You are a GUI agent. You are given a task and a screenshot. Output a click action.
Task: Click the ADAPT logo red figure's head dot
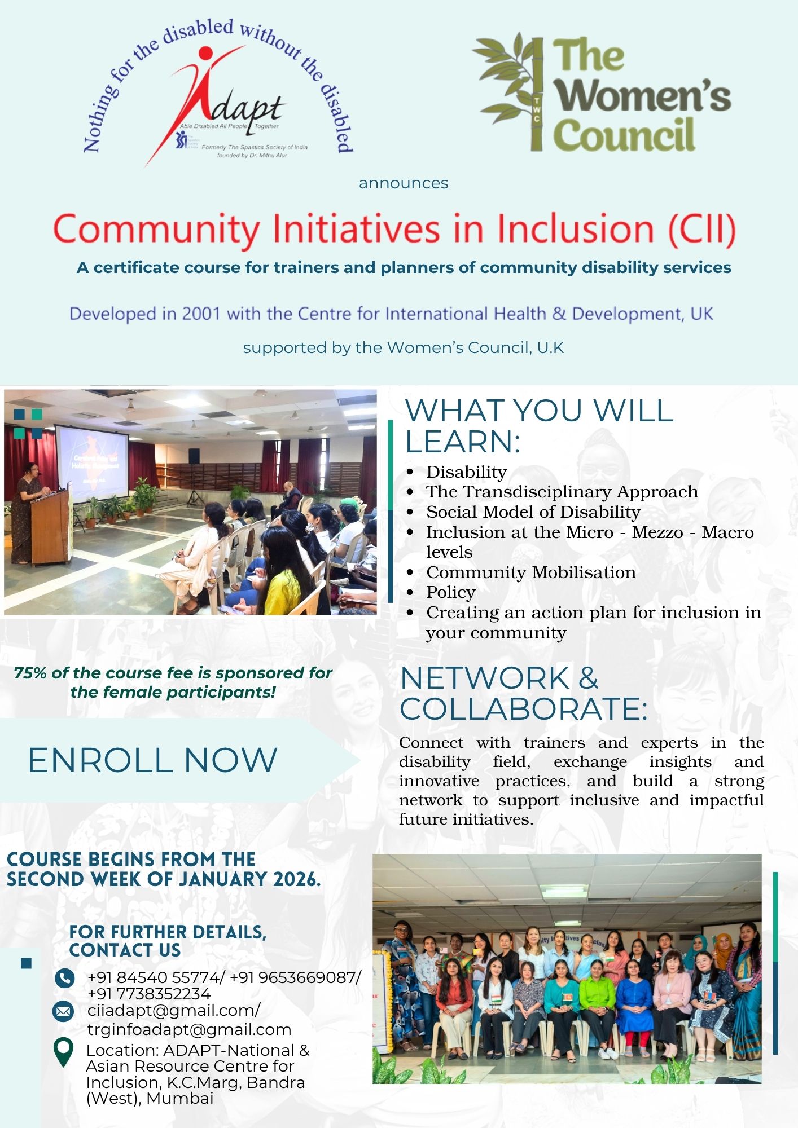click(206, 53)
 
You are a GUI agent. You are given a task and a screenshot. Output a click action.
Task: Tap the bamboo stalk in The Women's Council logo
click(537, 93)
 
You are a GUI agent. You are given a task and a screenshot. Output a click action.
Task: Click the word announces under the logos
click(404, 183)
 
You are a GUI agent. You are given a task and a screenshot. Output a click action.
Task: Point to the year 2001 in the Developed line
click(201, 314)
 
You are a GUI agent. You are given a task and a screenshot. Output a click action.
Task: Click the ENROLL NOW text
click(152, 760)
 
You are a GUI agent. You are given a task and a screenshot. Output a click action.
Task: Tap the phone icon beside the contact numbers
click(64, 977)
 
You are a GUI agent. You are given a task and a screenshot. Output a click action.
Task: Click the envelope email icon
click(63, 1011)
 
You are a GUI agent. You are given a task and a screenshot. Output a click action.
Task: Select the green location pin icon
click(63, 1052)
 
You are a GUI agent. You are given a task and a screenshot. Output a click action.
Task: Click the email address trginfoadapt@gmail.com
click(189, 1029)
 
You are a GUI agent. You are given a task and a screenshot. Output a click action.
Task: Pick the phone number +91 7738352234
click(149, 994)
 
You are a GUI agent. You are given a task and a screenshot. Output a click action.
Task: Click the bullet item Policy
click(451, 592)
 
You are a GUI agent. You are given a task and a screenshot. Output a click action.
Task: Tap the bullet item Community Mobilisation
click(531, 572)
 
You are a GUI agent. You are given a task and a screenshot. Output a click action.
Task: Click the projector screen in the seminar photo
click(92, 462)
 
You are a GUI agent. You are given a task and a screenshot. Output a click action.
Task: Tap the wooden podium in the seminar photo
click(51, 527)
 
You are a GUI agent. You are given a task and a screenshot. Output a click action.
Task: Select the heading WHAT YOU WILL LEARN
click(540, 426)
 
